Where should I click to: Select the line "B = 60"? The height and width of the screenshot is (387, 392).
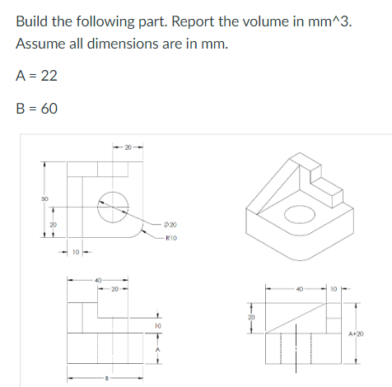36,109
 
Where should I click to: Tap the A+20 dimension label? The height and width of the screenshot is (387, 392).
356,333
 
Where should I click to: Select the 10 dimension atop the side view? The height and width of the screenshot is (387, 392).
334,287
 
